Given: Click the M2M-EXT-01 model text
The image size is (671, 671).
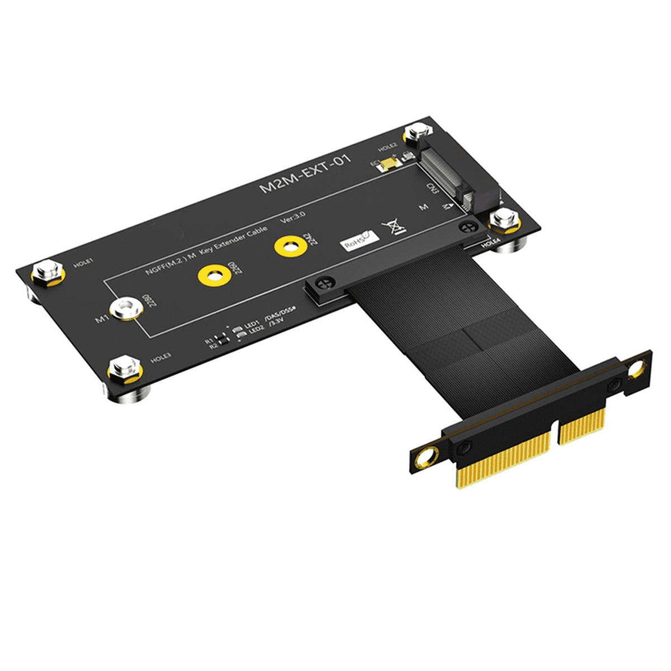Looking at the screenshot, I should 305,173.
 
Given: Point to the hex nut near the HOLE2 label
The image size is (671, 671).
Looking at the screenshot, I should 416,134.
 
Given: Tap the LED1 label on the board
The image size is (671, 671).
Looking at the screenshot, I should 251,324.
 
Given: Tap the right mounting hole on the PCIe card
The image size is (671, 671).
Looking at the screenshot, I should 636,368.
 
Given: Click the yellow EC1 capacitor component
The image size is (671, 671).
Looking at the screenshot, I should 388,163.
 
